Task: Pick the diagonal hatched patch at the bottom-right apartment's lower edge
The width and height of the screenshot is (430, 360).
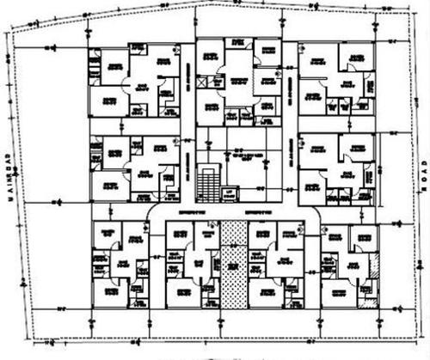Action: tap(368, 301)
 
